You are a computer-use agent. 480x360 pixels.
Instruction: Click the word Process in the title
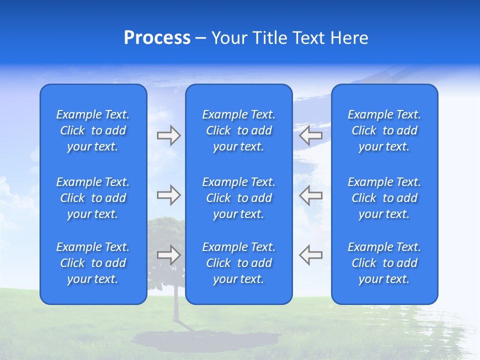point(157,38)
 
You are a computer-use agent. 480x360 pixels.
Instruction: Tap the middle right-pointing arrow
point(168,195)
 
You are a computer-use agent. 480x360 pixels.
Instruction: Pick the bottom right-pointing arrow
point(168,254)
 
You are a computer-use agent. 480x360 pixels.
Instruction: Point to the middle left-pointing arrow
point(310,195)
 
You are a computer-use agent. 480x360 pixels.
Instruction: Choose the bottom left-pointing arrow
point(310,254)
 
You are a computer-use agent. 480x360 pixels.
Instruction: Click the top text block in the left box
point(93,130)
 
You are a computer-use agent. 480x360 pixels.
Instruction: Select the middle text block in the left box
point(93,198)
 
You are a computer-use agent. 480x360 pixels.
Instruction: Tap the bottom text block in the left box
point(93,263)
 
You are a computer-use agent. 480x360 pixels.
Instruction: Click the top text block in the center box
point(238,130)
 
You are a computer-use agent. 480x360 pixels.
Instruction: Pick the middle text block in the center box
point(238,198)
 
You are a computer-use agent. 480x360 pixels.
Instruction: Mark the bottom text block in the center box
point(238,263)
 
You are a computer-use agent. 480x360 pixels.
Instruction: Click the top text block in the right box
point(384,130)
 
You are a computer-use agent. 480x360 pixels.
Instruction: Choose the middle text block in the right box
point(384,198)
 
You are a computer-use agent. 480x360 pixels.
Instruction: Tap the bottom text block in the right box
point(384,263)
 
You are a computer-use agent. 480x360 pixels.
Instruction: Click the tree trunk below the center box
point(176,312)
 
